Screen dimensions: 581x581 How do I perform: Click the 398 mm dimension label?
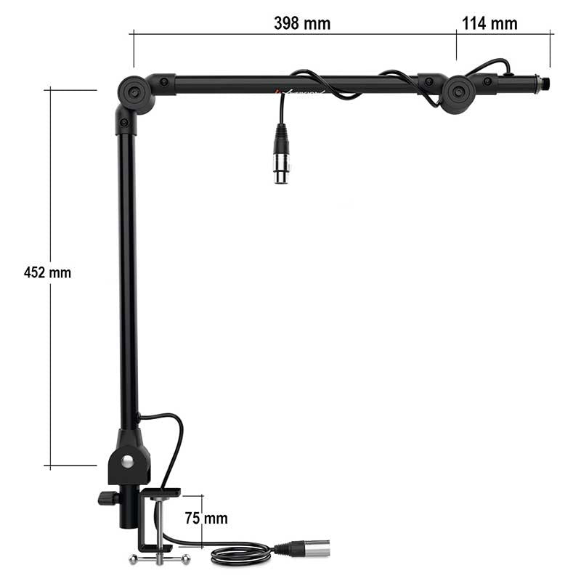pos(302,23)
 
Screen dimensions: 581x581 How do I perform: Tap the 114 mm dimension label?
pos(489,23)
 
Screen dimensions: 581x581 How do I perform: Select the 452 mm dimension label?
pos(48,273)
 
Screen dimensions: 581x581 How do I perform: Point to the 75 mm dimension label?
pos(206,519)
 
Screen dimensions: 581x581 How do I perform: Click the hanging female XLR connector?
pos(281,154)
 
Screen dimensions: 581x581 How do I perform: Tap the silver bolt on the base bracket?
pos(129,461)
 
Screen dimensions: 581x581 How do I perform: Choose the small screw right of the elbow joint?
pos(165,82)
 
